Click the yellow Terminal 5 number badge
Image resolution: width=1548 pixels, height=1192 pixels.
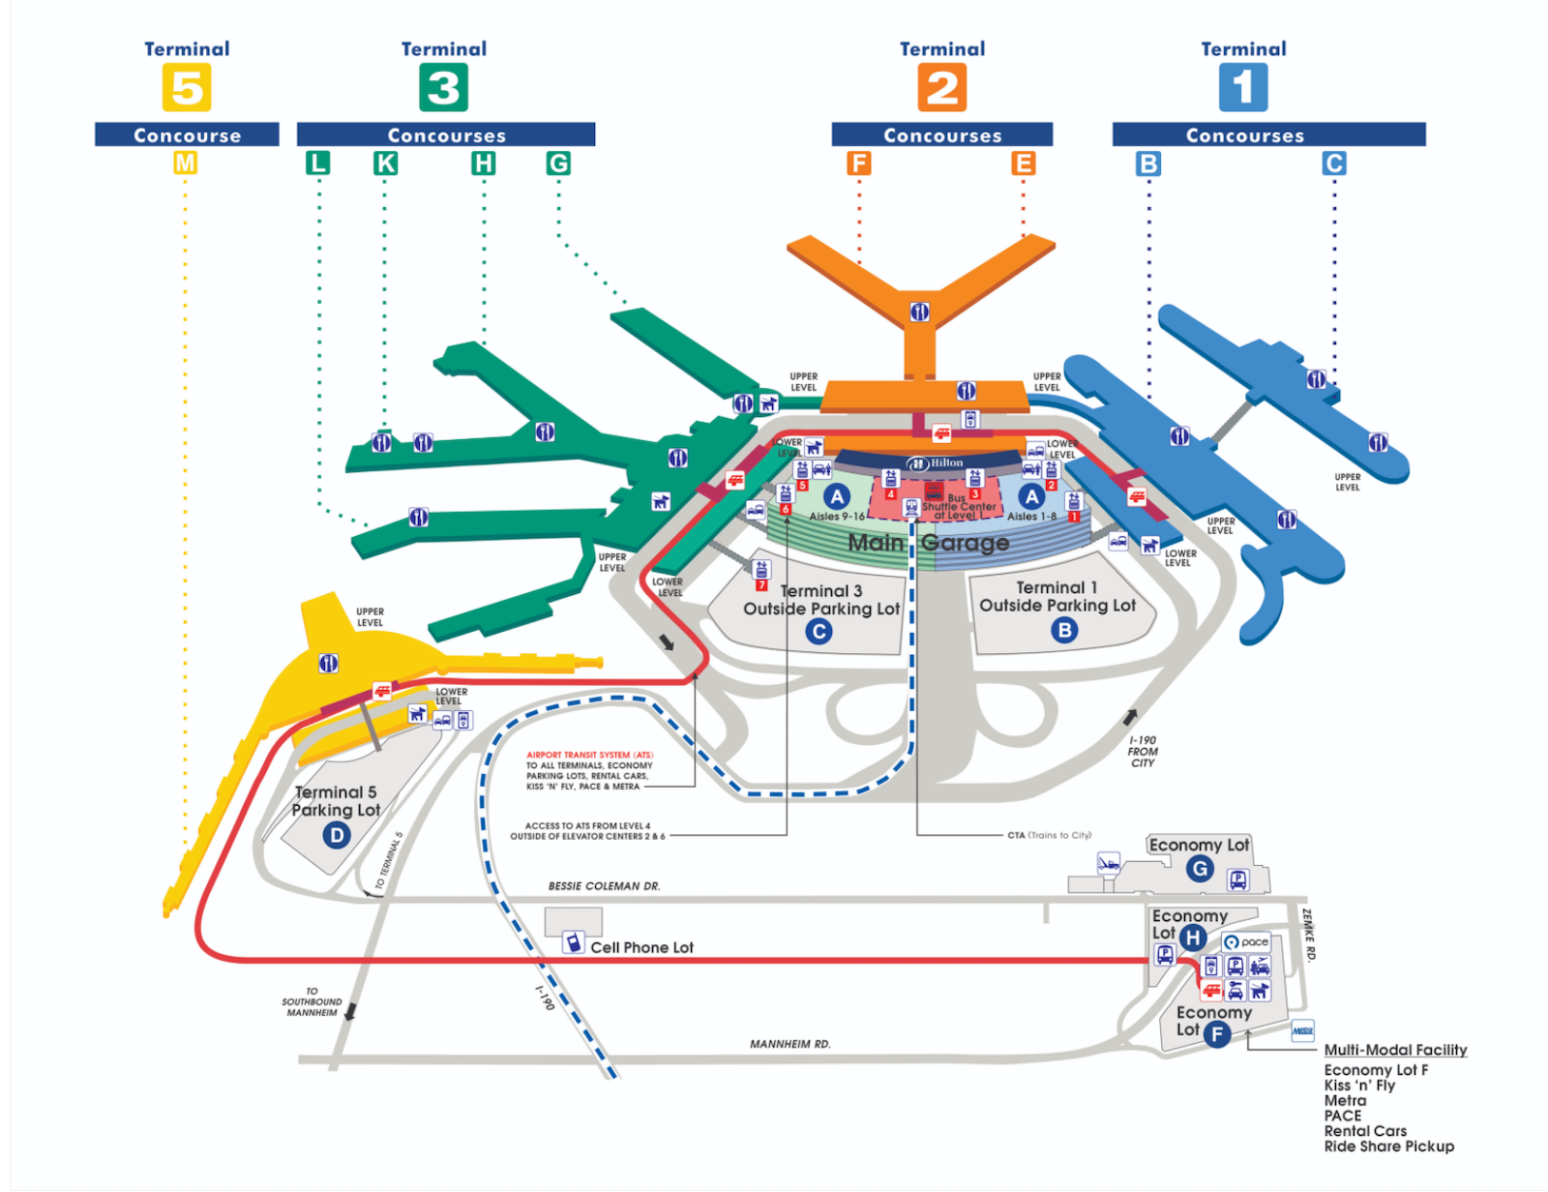[x=187, y=87]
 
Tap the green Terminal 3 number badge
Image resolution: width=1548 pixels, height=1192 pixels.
[x=443, y=87]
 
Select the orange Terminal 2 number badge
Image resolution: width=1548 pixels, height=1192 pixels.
[x=942, y=87]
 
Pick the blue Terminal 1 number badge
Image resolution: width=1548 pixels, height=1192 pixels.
[x=1243, y=87]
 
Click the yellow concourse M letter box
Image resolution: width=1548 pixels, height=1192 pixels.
[x=185, y=164]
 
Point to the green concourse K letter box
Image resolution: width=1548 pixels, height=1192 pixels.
[x=385, y=164]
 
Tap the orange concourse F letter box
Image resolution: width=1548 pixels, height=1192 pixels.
[x=858, y=164]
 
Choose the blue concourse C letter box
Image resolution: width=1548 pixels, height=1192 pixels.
[x=1334, y=164]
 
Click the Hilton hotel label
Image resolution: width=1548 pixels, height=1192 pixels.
[x=937, y=463]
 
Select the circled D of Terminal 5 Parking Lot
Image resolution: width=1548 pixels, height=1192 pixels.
[x=337, y=834]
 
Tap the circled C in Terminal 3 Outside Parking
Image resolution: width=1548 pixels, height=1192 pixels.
[x=819, y=632]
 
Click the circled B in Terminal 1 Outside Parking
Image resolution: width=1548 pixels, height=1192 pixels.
[x=1064, y=631]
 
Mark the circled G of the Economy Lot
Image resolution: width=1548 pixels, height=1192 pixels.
[x=1200, y=869]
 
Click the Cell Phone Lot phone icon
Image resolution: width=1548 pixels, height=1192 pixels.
[x=573, y=941]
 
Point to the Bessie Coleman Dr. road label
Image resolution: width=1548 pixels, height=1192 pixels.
[x=604, y=886]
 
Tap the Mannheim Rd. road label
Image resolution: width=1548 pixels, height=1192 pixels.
[x=790, y=1044]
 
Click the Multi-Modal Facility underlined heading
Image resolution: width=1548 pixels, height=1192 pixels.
[x=1395, y=1050]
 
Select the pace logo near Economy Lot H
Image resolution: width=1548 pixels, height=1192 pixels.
[x=1246, y=941]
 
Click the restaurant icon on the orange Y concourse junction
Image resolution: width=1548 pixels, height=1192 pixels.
[x=919, y=312]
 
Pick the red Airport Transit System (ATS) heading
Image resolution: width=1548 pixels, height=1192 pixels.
[x=589, y=755]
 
